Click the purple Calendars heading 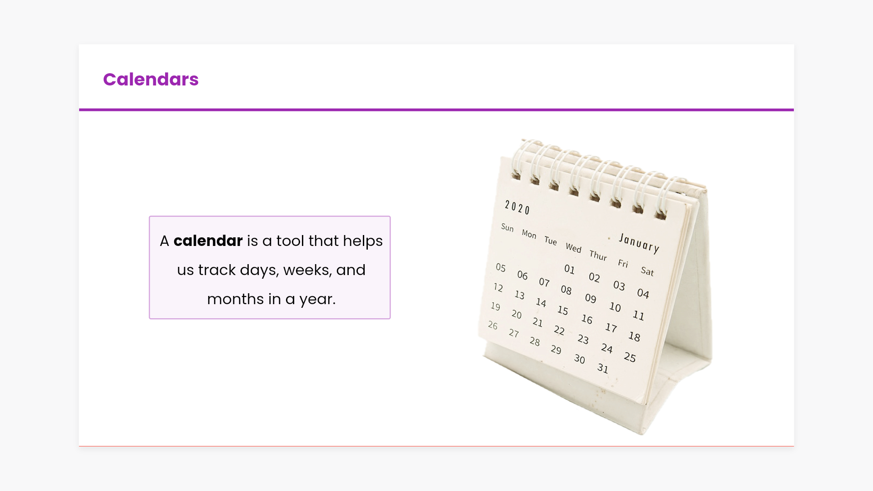tap(151, 80)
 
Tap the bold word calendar tap(208, 240)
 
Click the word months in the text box tap(235, 299)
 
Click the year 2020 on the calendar tap(517, 207)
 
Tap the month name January tap(639, 243)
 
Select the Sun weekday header tap(507, 227)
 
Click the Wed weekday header tap(573, 248)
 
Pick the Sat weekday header tap(647, 271)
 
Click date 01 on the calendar tap(569, 269)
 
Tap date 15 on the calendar tap(563, 310)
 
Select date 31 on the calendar tap(602, 368)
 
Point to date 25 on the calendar tap(630, 357)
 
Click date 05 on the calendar tap(501, 267)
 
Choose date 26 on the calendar tap(493, 325)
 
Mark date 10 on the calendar tap(615, 307)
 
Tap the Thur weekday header tap(598, 256)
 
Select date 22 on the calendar tap(559, 330)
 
